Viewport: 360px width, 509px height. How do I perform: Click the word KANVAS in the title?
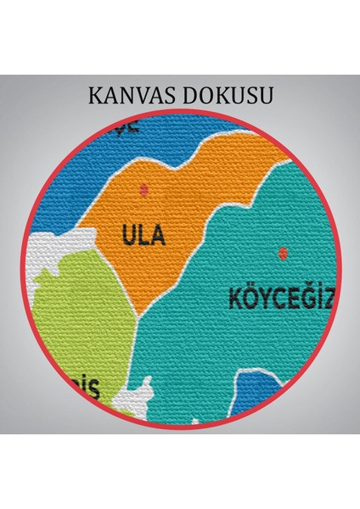coord(134,95)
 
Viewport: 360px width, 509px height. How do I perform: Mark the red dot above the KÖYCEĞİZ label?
coord(282,252)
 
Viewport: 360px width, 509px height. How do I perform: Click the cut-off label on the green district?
coord(87,389)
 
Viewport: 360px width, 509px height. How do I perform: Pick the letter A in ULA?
coord(156,235)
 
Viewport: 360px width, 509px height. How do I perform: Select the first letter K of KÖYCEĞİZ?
coord(235,298)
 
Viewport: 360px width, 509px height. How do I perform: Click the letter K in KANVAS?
coord(94,95)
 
